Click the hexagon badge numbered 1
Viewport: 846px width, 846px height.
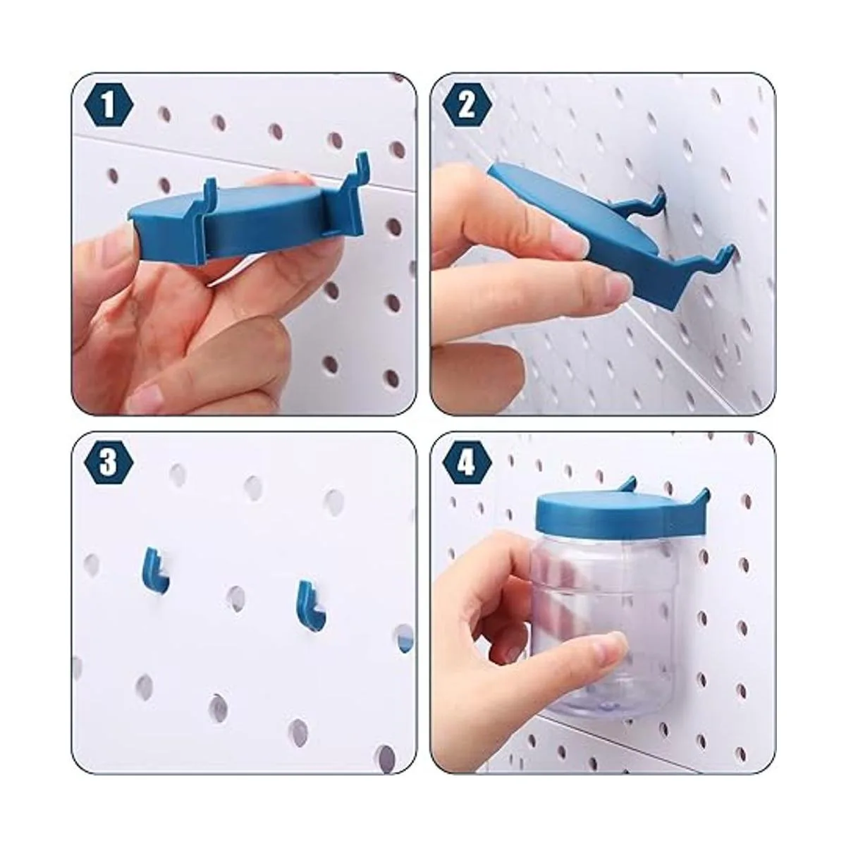click(108, 107)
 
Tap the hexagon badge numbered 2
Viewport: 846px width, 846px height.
click(466, 107)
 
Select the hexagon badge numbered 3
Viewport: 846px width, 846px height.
click(108, 465)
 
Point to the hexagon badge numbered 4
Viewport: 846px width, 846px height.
click(466, 465)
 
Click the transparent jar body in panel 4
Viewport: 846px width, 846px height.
click(606, 628)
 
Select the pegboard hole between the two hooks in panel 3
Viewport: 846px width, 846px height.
click(236, 598)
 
